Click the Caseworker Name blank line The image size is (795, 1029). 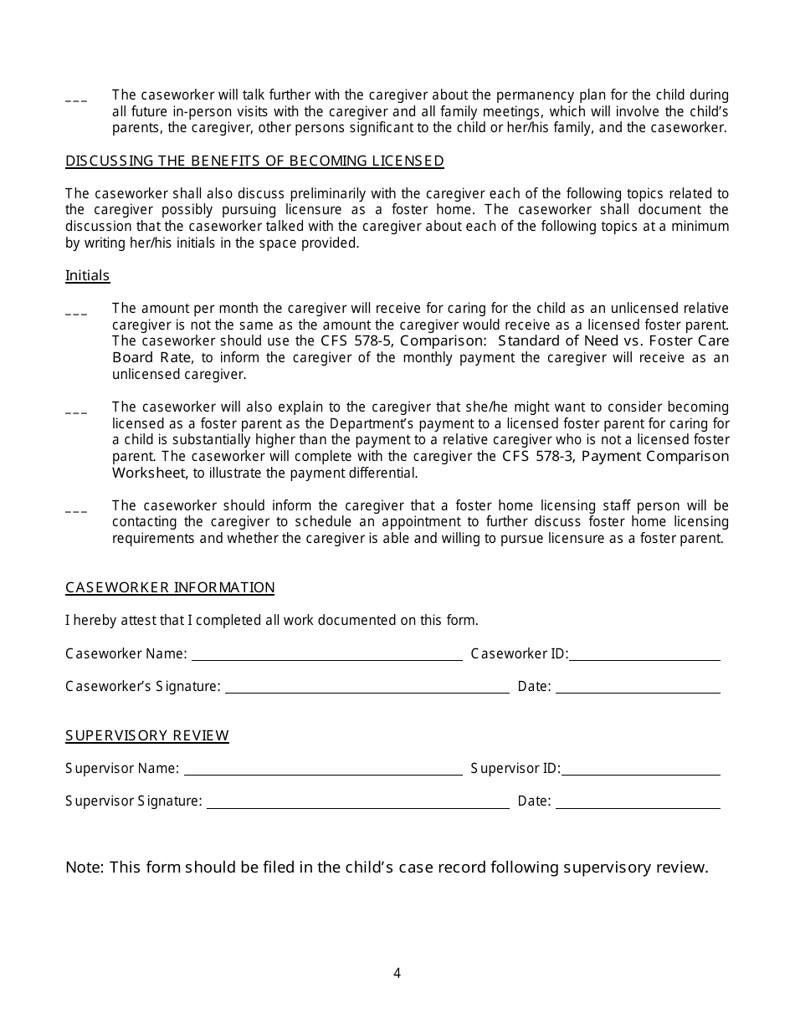[326, 655]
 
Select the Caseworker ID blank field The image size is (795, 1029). [644, 655]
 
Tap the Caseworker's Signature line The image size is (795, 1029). [367, 688]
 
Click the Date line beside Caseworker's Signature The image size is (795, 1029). [638, 688]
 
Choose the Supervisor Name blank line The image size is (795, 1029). [322, 770]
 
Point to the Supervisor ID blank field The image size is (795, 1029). [640, 770]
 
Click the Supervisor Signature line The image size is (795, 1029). [357, 802]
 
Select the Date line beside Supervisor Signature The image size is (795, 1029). [638, 802]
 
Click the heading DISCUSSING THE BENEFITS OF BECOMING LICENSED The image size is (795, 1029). [254, 161]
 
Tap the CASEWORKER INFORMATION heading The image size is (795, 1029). [170, 588]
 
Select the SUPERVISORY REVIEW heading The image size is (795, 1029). [147, 736]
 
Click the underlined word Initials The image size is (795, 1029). [87, 276]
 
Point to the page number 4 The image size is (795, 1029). [397, 973]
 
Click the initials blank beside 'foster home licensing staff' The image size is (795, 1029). [76, 510]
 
